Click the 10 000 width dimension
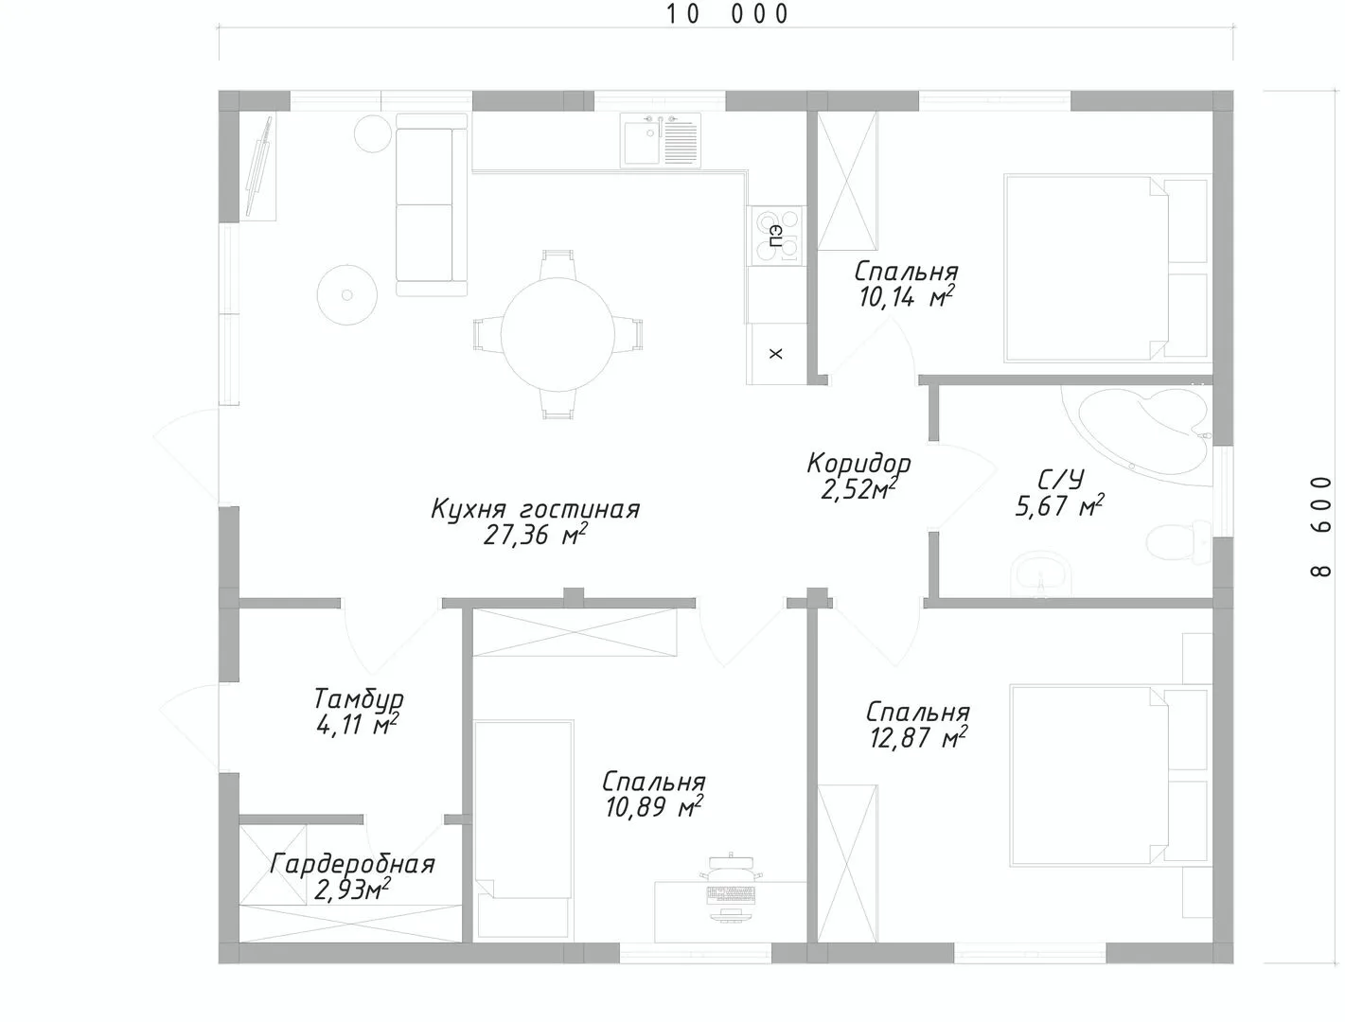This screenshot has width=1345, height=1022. pyautogui.click(x=727, y=14)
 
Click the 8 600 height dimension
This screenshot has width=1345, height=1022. pyautogui.click(x=1321, y=527)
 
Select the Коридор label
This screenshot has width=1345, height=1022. pyautogui.click(x=858, y=464)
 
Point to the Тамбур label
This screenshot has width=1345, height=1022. pyautogui.click(x=359, y=698)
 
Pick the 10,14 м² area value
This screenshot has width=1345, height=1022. pyautogui.click(x=906, y=297)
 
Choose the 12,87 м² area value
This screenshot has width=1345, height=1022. pyautogui.click(x=918, y=738)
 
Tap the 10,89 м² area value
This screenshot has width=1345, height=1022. pyautogui.click(x=653, y=808)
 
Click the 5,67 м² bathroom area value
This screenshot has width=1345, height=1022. pyautogui.click(x=1059, y=505)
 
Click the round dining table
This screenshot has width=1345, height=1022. pyautogui.click(x=557, y=334)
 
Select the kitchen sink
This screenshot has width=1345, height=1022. pyautogui.click(x=660, y=140)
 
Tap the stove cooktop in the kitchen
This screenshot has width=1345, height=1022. pyautogui.click(x=775, y=236)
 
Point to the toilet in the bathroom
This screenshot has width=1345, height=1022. pyautogui.click(x=1177, y=542)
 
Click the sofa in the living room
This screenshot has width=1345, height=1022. pyautogui.click(x=432, y=204)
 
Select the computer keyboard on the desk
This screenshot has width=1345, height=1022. pyautogui.click(x=732, y=894)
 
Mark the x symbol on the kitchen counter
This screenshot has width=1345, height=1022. pyautogui.click(x=776, y=354)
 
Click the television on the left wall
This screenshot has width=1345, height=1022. pyautogui.click(x=260, y=167)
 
